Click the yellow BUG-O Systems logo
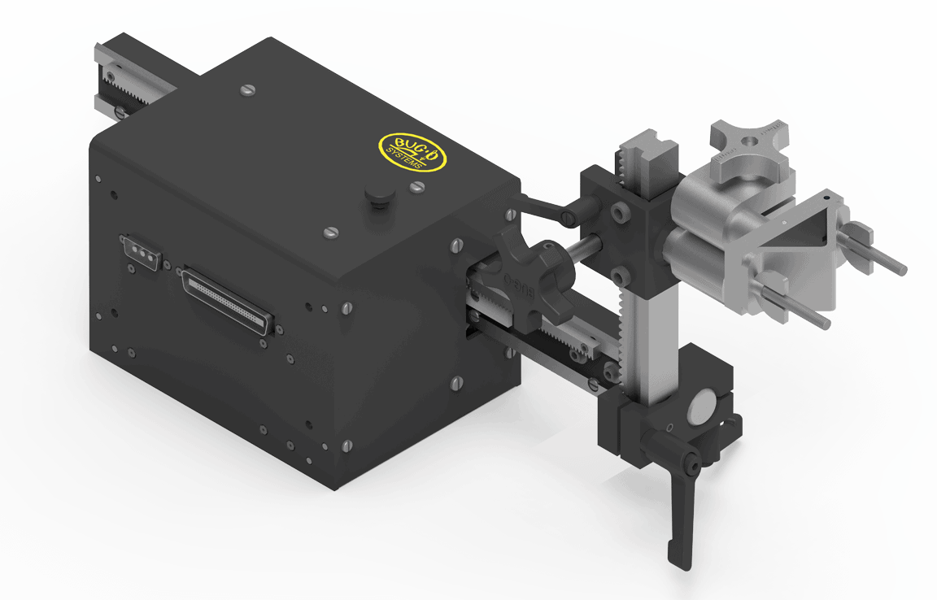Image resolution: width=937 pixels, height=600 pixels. coord(413,150)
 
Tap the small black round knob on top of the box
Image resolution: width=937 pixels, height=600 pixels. coord(377,195)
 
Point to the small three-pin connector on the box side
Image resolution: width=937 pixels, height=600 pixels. coord(141,252)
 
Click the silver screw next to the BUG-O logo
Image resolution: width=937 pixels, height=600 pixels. coord(417,188)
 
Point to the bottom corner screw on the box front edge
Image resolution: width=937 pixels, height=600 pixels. coord(348,445)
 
